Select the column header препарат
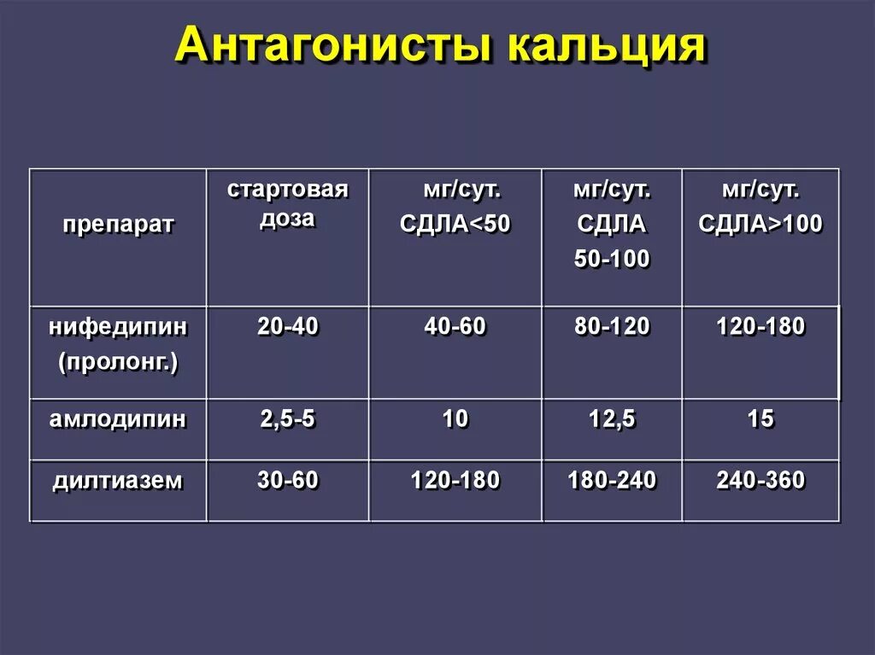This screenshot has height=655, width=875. tap(118, 225)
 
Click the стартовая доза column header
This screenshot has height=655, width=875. tap(288, 203)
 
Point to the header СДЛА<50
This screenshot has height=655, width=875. tap(455, 225)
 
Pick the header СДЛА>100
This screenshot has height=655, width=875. tap(760, 225)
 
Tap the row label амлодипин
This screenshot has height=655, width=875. tap(118, 419)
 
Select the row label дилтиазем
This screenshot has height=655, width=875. tap(118, 481)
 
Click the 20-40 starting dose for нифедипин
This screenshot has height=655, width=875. tap(288, 325)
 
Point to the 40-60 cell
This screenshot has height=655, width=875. tap(455, 325)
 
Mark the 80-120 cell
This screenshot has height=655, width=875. tap(612, 325)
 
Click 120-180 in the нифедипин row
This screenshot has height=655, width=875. tap(760, 325)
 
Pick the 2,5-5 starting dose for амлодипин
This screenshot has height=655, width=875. tap(288, 419)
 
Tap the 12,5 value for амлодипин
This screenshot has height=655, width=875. tap(612, 419)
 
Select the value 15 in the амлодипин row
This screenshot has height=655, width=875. tap(760, 419)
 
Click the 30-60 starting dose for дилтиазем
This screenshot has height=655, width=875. tap(288, 481)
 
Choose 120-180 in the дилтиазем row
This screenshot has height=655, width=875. tap(455, 481)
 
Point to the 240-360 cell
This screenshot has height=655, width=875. tap(760, 481)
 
